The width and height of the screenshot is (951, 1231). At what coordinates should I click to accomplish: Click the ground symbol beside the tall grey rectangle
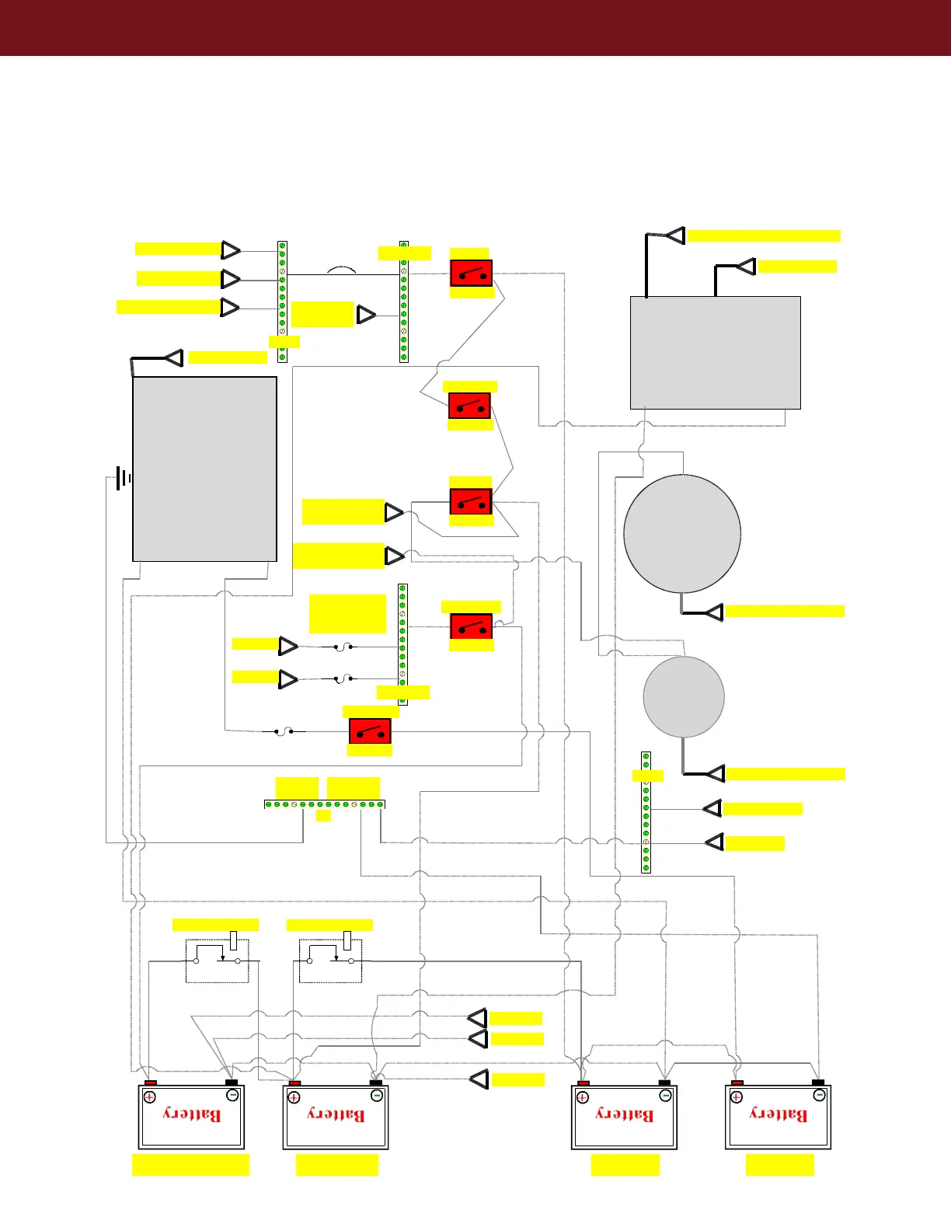(123, 478)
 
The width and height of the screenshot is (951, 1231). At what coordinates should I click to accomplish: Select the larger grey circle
(682, 534)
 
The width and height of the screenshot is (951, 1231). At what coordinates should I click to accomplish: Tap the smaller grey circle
(684, 696)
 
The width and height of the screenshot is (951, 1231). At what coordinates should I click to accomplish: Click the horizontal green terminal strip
(325, 804)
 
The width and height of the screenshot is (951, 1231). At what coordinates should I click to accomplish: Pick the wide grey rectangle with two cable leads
(715, 352)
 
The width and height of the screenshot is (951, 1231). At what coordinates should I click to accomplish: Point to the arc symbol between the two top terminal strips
(342, 270)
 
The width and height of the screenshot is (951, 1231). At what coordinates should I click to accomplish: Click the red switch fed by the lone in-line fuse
(370, 731)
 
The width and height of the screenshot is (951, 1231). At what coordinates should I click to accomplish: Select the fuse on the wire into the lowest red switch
(284, 731)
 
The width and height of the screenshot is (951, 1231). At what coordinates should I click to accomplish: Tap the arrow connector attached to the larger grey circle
(714, 612)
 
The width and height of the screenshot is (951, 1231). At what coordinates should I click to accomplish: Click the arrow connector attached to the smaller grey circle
(716, 773)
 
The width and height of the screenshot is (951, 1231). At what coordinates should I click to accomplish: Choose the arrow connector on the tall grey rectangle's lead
(174, 357)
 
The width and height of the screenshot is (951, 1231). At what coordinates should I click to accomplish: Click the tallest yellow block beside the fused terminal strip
(347, 614)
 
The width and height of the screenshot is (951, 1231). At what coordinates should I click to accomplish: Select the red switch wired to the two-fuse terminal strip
(471, 626)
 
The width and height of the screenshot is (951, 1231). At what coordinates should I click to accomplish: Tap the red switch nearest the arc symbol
(471, 274)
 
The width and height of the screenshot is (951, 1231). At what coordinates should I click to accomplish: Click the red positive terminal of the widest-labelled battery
(151, 1083)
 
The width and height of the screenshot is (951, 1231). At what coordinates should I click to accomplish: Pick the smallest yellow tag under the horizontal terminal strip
(323, 815)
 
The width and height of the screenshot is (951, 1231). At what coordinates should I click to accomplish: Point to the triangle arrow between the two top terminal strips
(366, 315)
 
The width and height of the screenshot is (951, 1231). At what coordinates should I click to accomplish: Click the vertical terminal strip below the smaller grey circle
(646, 812)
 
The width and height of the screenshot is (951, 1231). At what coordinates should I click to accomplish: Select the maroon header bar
(475, 28)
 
